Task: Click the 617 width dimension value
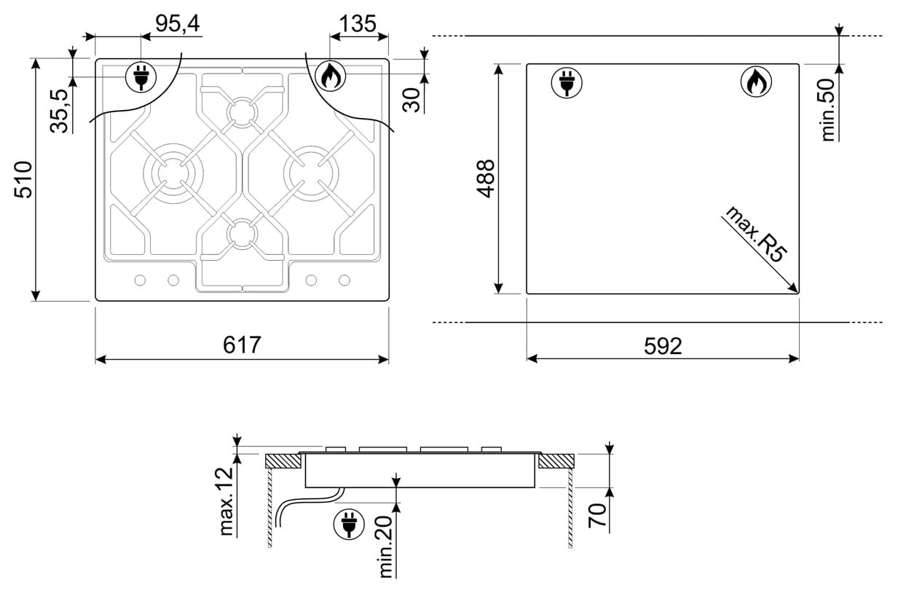click(x=242, y=345)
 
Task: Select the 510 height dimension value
click(x=23, y=179)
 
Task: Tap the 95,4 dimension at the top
click(x=177, y=23)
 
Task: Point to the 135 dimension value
click(x=358, y=23)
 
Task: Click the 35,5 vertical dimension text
click(x=59, y=111)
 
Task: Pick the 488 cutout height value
click(x=486, y=178)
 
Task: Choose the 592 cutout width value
click(x=663, y=345)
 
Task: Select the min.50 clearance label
click(x=828, y=110)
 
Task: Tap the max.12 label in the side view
click(x=227, y=501)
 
